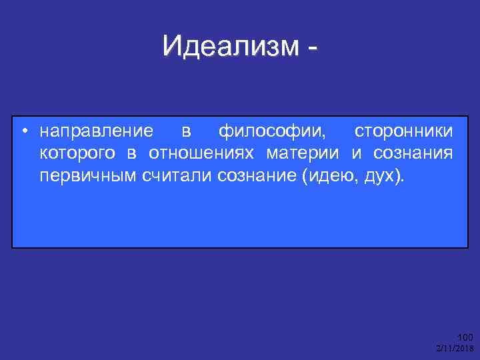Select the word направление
(96, 130)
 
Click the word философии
(273, 130)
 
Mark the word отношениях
(201, 154)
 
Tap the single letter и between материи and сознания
(357, 154)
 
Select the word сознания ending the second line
(413, 154)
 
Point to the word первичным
(88, 177)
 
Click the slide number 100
(464, 337)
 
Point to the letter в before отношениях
(131, 154)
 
